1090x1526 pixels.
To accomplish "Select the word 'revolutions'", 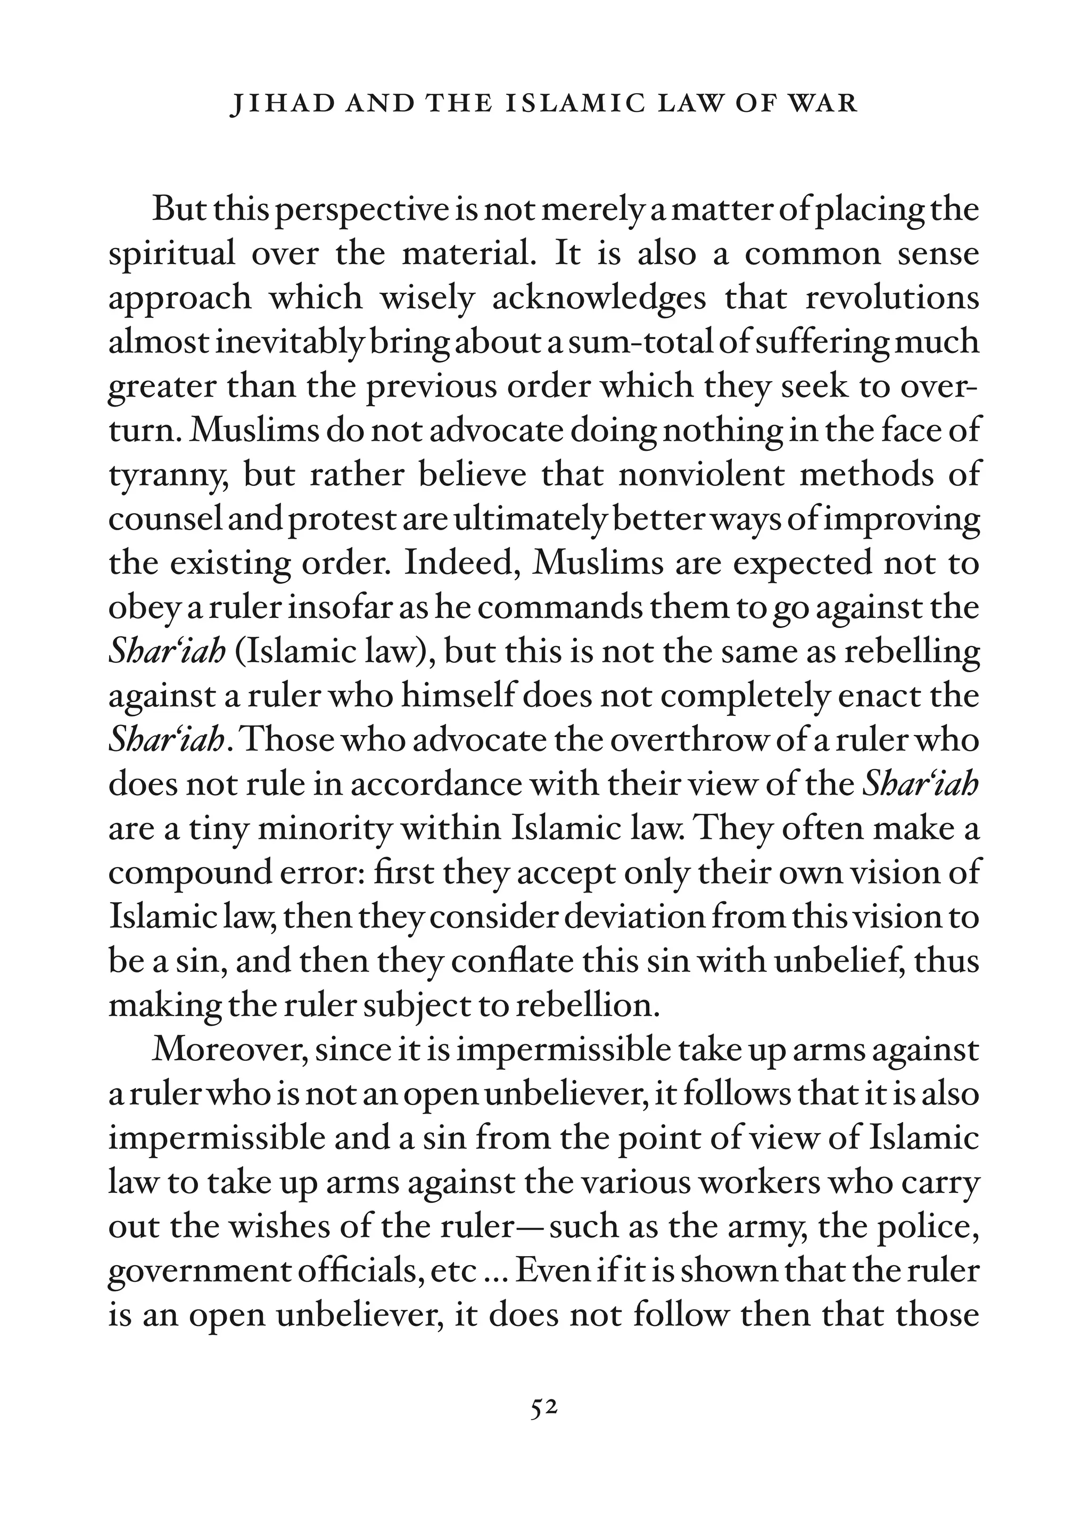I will pyautogui.click(x=892, y=298).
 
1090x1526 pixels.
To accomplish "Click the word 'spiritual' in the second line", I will pyautogui.click(x=172, y=255).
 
